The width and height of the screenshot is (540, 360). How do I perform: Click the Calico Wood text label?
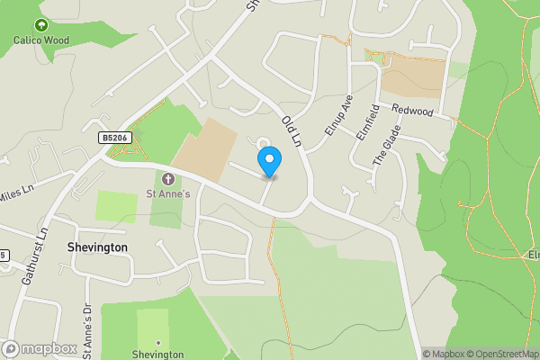(x=40, y=39)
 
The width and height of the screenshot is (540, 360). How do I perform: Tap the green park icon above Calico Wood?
(x=40, y=24)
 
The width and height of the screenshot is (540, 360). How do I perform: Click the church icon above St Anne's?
(x=167, y=179)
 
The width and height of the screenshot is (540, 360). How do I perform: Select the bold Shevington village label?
(x=97, y=247)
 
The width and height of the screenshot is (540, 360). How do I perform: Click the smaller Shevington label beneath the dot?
(x=157, y=355)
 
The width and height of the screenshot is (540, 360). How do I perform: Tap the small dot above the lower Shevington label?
(x=157, y=342)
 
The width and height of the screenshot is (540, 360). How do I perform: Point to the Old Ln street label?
(x=291, y=132)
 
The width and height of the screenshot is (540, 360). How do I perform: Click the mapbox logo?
(x=39, y=348)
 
